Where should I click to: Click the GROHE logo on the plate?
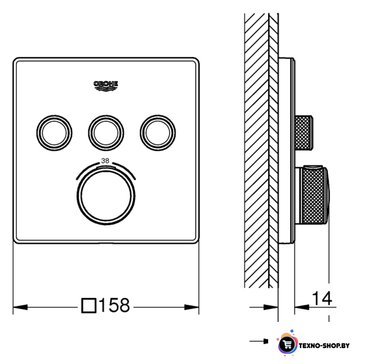(x=106, y=86)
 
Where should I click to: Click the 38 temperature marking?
(x=105, y=161)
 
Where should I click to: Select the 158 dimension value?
(x=114, y=305)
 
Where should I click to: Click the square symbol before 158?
(x=89, y=305)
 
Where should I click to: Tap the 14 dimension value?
(x=322, y=298)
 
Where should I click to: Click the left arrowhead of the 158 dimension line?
(x=20, y=307)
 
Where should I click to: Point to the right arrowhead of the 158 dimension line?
(x=191, y=307)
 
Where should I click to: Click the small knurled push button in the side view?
(x=303, y=133)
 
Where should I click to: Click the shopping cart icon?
(x=288, y=344)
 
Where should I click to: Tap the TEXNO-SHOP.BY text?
(x=324, y=346)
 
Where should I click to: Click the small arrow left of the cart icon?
(x=259, y=341)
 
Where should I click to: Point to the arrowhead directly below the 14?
(x=302, y=307)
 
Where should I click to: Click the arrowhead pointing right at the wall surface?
(x=270, y=307)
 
